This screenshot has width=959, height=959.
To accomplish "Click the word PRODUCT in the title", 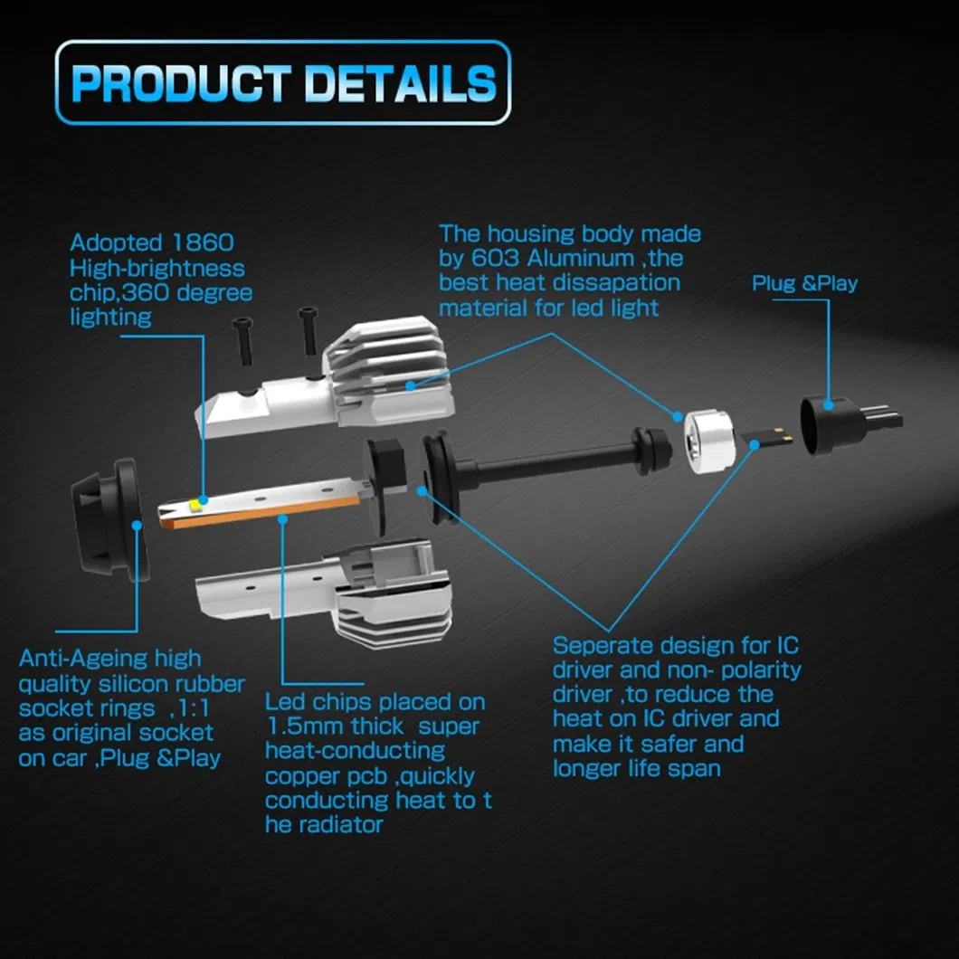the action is tap(180, 83).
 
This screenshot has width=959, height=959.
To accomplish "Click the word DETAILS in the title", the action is tap(400, 83).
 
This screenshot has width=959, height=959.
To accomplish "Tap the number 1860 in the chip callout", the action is tap(203, 242).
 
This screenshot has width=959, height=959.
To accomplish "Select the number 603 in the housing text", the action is tap(495, 258).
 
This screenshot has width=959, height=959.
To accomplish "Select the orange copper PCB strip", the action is tap(260, 503).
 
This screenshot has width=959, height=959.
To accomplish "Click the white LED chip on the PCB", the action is tap(197, 504).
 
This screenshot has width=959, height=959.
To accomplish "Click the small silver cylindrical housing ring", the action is tap(709, 441).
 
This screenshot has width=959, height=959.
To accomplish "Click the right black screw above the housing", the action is tap(309, 330).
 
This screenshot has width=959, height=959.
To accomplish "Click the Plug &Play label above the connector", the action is tap(804, 283).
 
